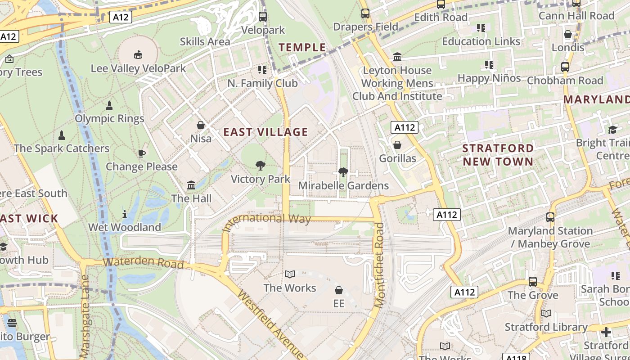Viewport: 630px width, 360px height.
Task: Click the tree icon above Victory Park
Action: [260, 166]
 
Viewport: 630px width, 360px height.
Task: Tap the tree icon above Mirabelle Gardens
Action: [343, 172]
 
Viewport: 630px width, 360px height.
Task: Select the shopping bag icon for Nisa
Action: [201, 125]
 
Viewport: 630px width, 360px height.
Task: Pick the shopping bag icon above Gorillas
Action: [397, 145]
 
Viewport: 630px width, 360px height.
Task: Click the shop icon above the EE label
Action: [339, 290]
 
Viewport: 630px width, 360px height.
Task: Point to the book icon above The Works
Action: [290, 274]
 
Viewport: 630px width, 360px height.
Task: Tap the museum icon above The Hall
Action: [191, 185]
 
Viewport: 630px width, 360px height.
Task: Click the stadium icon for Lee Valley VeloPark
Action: [138, 55]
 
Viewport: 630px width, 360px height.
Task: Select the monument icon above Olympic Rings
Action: [109, 106]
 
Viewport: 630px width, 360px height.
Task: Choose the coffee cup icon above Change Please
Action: [141, 153]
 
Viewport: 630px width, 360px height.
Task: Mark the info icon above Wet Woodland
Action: [125, 214]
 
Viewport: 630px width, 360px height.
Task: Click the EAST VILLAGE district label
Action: [265, 132]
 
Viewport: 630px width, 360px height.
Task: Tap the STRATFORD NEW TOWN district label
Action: [498, 154]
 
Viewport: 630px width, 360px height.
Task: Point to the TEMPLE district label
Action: [302, 47]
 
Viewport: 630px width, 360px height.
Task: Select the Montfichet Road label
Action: [380, 265]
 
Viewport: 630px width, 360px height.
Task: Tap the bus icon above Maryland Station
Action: [550, 217]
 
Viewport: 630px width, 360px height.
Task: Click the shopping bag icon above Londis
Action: [568, 34]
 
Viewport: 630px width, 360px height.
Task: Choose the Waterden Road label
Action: [143, 262]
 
